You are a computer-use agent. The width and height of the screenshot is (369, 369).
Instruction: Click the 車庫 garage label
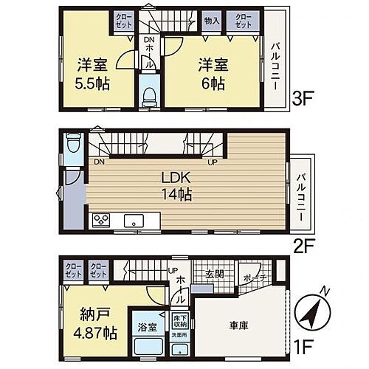pos(237,324)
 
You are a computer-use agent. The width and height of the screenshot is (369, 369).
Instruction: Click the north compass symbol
pos(311,315)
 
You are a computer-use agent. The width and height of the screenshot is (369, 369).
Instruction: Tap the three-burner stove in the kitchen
pos(100,219)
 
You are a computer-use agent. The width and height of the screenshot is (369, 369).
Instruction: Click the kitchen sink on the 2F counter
pos(134,220)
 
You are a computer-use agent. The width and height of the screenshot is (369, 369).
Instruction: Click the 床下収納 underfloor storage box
pos(179,320)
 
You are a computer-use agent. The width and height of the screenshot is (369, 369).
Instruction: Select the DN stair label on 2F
pos(97,162)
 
